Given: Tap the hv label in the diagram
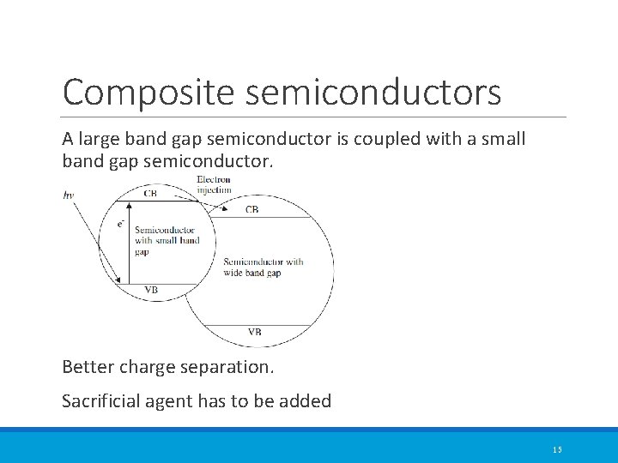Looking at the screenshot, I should [x=69, y=195].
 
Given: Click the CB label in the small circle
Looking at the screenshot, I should [x=150, y=194].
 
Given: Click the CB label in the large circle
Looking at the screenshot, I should [x=251, y=209].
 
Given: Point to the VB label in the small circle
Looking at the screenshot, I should [x=151, y=290].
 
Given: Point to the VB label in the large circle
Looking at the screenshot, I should [x=255, y=332].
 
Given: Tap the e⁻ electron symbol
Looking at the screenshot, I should [x=121, y=224].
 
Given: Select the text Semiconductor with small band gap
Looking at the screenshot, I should [x=167, y=241].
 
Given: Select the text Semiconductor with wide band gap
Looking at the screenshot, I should [x=263, y=268].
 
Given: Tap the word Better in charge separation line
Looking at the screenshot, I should [x=89, y=367].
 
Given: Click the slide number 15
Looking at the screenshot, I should [x=557, y=450].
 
